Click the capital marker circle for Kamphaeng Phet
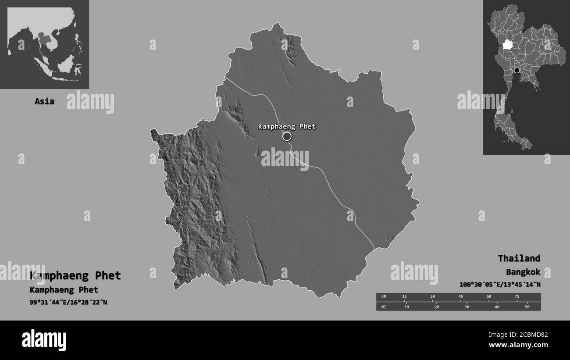[x=287, y=137]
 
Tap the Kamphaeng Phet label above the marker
[x=287, y=127]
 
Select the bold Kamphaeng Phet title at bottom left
[x=75, y=276]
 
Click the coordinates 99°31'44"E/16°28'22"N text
[x=68, y=303]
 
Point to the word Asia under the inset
[x=44, y=101]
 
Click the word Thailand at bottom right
[x=519, y=258]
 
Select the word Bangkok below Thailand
[x=523, y=272]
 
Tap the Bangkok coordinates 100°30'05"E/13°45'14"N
[x=499, y=285]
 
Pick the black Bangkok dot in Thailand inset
[x=517, y=71]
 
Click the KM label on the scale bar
[x=384, y=297]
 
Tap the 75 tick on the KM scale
[x=517, y=297]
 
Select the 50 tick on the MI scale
[x=527, y=307]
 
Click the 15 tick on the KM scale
[x=405, y=297]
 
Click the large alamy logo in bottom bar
[x=44, y=340]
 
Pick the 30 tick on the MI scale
[x=467, y=307]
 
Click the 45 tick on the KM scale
[x=460, y=297]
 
